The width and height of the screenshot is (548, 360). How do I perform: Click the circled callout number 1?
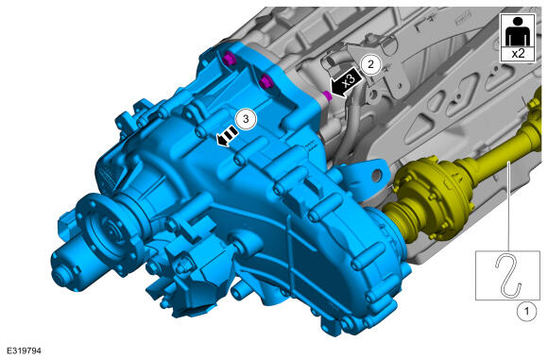(526, 311)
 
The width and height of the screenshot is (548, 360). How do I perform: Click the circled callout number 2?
(370, 64)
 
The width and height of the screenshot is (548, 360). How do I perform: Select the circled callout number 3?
(246, 119)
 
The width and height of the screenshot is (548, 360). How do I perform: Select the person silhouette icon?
(518, 31)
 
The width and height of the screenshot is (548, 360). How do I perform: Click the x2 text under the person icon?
(518, 54)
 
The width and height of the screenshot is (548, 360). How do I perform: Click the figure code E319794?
(24, 351)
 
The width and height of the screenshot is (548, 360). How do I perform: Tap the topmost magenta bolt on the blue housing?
(230, 59)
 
